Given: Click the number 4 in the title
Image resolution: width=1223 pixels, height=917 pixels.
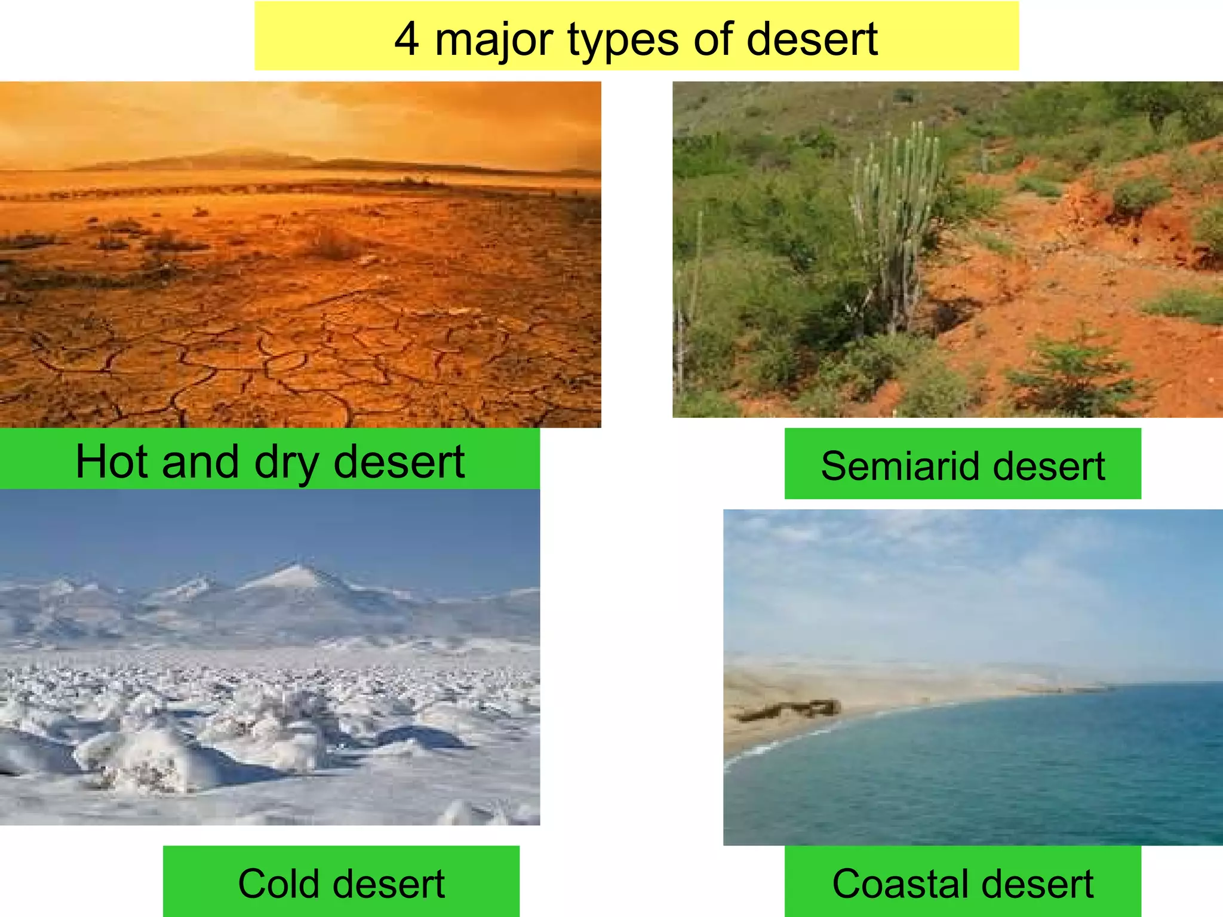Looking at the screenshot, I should [406, 39].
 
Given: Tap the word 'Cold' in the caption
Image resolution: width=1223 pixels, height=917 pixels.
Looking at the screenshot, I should [273, 884].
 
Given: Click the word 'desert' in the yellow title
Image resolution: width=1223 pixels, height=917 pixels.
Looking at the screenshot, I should [812, 39].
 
